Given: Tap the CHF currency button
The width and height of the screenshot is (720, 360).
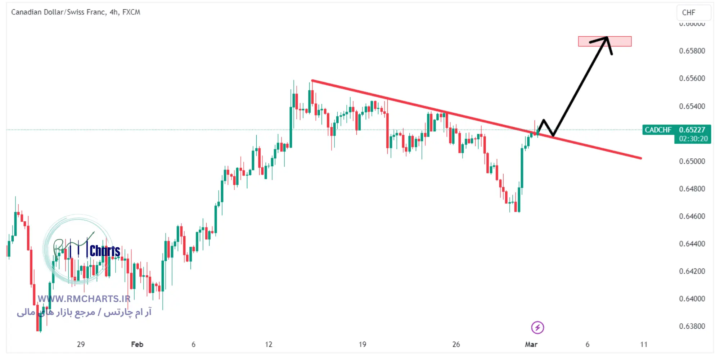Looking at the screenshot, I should tap(689, 13).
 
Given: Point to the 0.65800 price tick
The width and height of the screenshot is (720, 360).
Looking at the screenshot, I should tap(692, 51).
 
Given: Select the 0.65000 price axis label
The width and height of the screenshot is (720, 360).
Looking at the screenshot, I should tap(692, 161).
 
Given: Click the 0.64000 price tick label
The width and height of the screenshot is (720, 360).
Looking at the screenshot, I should tap(692, 299).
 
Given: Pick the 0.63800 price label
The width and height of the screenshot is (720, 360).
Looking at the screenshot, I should tap(692, 327).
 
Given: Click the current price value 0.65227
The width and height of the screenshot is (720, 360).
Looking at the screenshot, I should tap(692, 130).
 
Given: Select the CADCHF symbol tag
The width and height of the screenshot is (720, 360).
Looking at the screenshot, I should tap(658, 130).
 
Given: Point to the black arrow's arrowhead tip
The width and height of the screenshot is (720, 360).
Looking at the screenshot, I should tap(607, 37).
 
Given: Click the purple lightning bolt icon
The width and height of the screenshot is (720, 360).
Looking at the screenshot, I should tap(537, 328).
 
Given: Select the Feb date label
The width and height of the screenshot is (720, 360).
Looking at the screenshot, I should tap(137, 345).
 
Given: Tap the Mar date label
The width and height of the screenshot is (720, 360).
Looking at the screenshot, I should tap(531, 345).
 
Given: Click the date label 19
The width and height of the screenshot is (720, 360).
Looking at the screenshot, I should tap(363, 345).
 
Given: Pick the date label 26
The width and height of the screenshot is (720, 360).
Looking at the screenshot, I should tap(456, 345).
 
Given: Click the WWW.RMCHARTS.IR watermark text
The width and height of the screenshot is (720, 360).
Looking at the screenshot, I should tap(84, 299).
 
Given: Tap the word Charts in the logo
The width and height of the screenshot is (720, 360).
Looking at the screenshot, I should tap(105, 251).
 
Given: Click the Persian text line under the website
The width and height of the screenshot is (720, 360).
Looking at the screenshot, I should tap(84, 312).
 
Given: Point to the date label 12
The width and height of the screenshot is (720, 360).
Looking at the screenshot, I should tap(269, 345).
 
